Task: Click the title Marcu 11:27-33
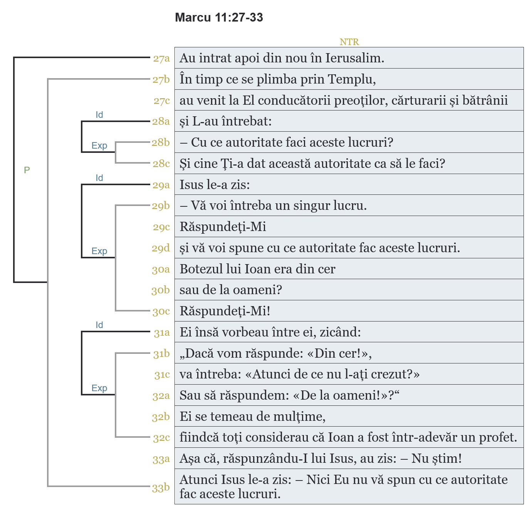pyautogui.click(x=219, y=17)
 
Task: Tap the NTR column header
pyautogui.click(x=349, y=42)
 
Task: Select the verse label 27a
pyautogui.click(x=161, y=59)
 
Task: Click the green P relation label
pyautogui.click(x=27, y=170)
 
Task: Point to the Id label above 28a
pyautogui.click(x=99, y=115)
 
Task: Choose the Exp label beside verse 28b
pyautogui.click(x=99, y=146)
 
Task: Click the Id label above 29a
pyautogui.click(x=99, y=178)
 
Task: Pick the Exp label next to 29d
pyautogui.click(x=99, y=251)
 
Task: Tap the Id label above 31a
pyautogui.click(x=99, y=325)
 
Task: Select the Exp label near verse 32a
pyautogui.click(x=99, y=388)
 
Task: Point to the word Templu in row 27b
pyautogui.click(x=351, y=79)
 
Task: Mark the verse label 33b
pyautogui.click(x=161, y=488)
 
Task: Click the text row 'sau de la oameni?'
pyautogui.click(x=231, y=290)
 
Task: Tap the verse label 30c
pyautogui.click(x=161, y=311)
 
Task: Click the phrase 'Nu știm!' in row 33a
pyautogui.click(x=436, y=459)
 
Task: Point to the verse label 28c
pyautogui.click(x=161, y=164)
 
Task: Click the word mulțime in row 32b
pyautogui.click(x=303, y=417)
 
